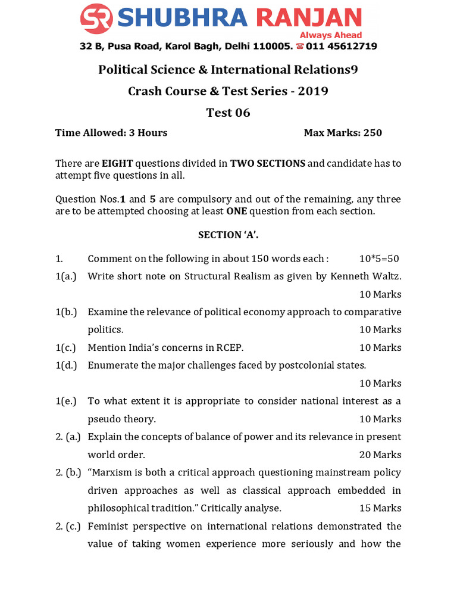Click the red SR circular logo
pos(97,18)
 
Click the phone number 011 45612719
pos(342,46)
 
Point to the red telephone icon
pos(300,46)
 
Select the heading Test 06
pos(228,113)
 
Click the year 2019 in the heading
pos(313,91)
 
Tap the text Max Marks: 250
pos(343,133)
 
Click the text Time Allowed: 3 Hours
pos(111,133)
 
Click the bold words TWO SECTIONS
pos(268,163)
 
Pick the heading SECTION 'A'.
pos(228,235)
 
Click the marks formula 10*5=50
pos(379,259)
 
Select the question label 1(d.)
pos(66,365)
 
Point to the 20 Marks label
pos(380,455)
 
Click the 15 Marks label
pos(380,508)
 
